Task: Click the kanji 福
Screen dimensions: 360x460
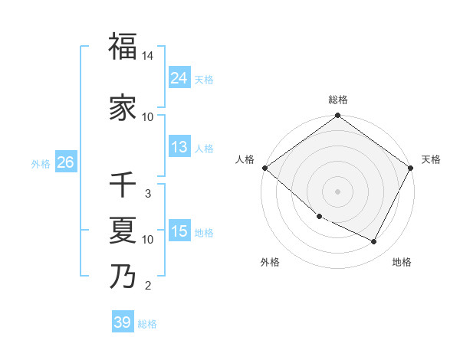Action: coord(123,47)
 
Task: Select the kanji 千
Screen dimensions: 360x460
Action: coord(123,185)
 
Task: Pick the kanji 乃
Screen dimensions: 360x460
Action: coord(123,277)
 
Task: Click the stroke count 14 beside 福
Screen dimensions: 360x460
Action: coord(148,56)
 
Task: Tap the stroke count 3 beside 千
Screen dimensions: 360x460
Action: coord(148,194)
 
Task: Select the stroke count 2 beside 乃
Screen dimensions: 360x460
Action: coord(148,286)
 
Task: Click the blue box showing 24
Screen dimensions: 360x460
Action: coord(179,78)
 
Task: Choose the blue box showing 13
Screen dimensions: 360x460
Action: coord(179,147)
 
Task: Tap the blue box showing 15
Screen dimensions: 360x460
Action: coord(179,231)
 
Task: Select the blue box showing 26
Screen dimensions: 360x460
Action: coord(65,162)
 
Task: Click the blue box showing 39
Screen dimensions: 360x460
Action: coord(122,322)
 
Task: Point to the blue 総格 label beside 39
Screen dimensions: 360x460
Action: coord(147,324)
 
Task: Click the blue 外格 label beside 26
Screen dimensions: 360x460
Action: coord(41,163)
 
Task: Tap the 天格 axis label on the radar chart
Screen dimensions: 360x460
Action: coord(431,159)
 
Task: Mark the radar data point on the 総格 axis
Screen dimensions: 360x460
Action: coord(337,116)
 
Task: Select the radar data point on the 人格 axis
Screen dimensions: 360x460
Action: coord(264,168)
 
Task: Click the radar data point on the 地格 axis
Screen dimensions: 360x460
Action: coord(374,242)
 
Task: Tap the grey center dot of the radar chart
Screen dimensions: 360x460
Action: coord(337,191)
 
